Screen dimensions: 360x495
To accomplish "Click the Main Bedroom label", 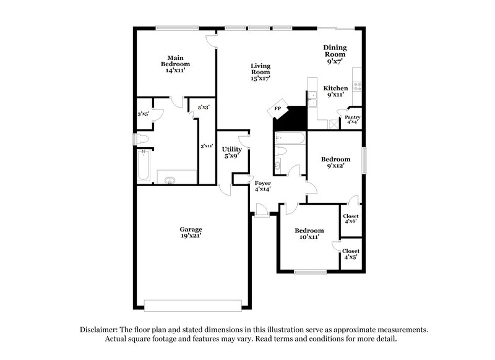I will click(x=175, y=64).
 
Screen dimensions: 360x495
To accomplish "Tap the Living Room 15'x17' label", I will click(x=260, y=72).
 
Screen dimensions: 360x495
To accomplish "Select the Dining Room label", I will click(x=335, y=54).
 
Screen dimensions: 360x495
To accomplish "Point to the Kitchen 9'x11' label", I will click(x=335, y=92).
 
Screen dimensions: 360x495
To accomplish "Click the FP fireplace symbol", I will click(x=278, y=109).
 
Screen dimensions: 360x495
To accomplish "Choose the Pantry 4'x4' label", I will click(x=353, y=119).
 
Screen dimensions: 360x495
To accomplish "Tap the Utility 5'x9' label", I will click(x=232, y=153).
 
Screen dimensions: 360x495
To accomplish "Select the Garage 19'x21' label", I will click(x=191, y=233).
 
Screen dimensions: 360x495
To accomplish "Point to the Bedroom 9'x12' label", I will click(x=335, y=162).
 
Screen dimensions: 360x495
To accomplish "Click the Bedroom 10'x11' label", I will click(x=309, y=233).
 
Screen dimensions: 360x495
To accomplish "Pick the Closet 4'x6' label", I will click(x=351, y=219).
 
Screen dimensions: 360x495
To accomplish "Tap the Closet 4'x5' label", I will click(x=351, y=254).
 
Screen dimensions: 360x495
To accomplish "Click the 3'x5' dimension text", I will click(x=144, y=114).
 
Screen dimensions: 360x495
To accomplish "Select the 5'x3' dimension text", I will click(x=204, y=108).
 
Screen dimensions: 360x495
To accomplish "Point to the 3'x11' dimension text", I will click(x=207, y=147).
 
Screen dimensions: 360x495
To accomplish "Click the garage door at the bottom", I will click(x=192, y=304).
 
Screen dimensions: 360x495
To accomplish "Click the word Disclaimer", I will click(x=100, y=330).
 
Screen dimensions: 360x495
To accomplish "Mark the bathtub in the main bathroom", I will click(x=144, y=166).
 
